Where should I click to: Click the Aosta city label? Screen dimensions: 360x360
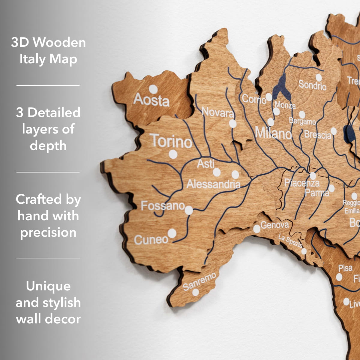(151, 100)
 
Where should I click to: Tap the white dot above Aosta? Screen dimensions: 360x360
(153, 89)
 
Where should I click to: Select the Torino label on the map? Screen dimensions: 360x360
(171, 141)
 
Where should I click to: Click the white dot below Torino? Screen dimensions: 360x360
(173, 154)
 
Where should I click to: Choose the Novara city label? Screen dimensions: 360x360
(218, 112)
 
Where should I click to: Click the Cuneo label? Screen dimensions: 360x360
(151, 239)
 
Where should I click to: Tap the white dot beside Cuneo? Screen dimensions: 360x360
(172, 233)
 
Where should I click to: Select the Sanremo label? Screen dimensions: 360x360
(199, 281)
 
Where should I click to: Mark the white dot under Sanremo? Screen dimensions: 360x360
(196, 292)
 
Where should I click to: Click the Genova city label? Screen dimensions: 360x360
(274, 225)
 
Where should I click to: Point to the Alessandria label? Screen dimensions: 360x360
(213, 184)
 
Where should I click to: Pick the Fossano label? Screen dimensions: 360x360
(163, 206)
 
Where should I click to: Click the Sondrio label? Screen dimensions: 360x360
(312, 85)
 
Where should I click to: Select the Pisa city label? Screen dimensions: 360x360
(345, 268)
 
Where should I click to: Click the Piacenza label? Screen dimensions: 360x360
(302, 183)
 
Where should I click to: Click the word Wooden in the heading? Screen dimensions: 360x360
(59, 42)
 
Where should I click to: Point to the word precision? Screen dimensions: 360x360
(48, 232)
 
